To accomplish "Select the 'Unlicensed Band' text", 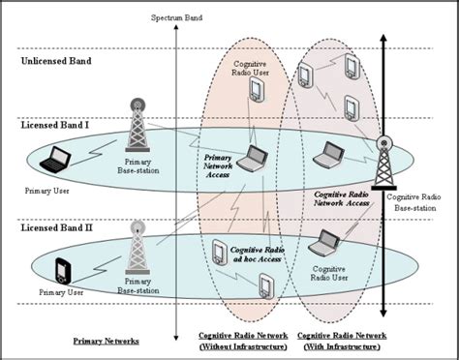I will (57, 62).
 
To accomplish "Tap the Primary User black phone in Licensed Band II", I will (64, 270).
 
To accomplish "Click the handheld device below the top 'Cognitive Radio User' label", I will (256, 89).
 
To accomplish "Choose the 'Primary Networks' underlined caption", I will (106, 341).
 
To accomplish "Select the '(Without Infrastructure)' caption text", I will (244, 346).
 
